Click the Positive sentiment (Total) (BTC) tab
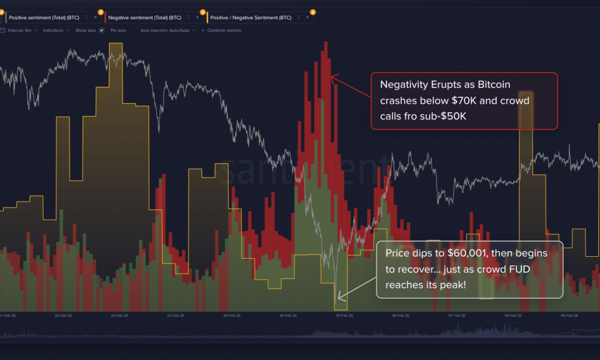44,17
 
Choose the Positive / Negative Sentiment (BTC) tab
251,17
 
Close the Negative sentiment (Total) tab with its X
197,17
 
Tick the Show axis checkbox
101,30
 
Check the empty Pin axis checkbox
131,30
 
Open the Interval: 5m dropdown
23,30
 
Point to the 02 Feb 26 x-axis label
63,315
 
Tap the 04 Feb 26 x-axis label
232,315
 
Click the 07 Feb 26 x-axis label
457,315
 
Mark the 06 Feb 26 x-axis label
401,315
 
